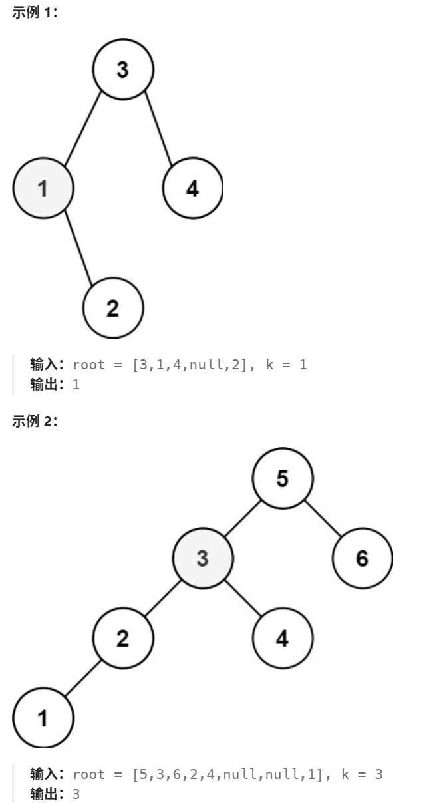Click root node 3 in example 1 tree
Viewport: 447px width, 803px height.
coord(123,69)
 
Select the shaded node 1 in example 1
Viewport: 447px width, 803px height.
coord(43,189)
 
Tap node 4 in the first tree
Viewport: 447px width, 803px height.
coord(192,189)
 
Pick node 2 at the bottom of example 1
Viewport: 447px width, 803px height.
coord(112,308)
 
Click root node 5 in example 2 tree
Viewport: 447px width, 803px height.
coord(283,478)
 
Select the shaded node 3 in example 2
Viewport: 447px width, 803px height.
coord(203,558)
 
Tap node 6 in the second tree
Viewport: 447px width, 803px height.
coord(363,558)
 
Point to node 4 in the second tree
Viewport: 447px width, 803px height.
coord(283,638)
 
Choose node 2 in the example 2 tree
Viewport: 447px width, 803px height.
coord(123,638)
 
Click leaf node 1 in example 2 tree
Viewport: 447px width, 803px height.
coord(43,718)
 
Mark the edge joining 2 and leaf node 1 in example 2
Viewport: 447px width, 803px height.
coord(83,678)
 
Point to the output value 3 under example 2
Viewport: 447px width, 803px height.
coord(76,794)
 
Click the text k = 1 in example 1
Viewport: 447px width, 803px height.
coord(286,365)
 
